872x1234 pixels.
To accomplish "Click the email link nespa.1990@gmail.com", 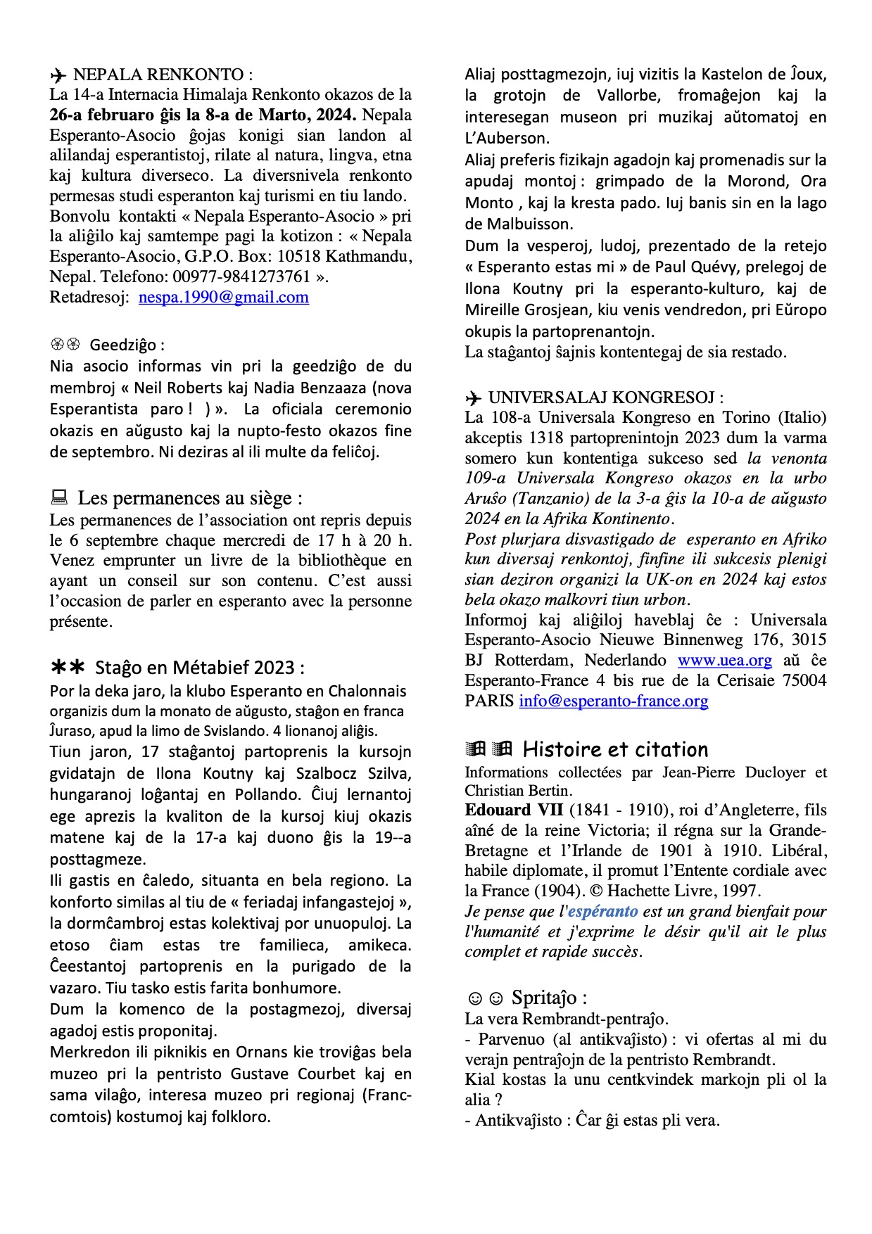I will pyautogui.click(x=223, y=298).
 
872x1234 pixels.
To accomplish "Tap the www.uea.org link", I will pyautogui.click(x=724, y=661).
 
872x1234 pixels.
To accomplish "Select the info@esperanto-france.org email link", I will pyautogui.click(x=613, y=701).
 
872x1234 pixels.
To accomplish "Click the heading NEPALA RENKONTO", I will pyautogui.click(x=162, y=75).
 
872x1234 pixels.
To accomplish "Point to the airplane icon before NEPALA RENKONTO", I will pyautogui.click(x=58, y=75).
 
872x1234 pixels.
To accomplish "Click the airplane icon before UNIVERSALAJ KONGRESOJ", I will pyautogui.click(x=474, y=398).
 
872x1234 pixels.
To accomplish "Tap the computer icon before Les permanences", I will pyautogui.click(x=59, y=498).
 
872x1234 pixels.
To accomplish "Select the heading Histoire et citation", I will pyautogui.click(x=615, y=749).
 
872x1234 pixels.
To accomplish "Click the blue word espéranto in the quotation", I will pyautogui.click(x=602, y=911).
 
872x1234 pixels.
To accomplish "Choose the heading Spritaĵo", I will pyautogui.click(x=548, y=998).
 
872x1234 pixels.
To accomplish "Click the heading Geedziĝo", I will pyautogui.click(x=127, y=345).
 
